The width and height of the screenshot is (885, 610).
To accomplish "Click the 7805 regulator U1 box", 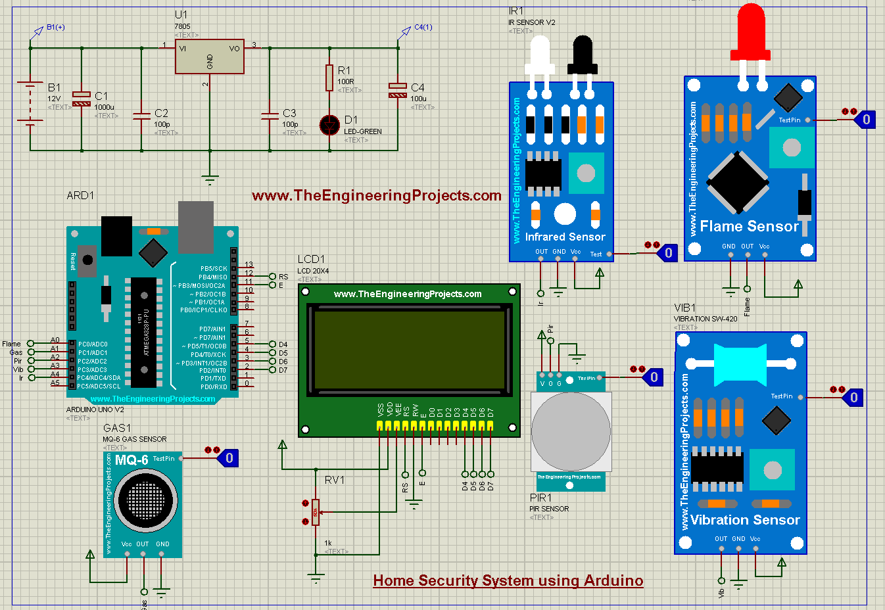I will click(x=209, y=57).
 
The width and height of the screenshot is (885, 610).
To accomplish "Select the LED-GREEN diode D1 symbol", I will click(x=329, y=125).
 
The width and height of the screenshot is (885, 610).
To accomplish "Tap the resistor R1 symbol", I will click(x=329, y=78).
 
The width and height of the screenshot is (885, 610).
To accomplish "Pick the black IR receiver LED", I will click(x=583, y=53).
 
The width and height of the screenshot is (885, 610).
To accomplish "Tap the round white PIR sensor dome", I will click(x=570, y=431).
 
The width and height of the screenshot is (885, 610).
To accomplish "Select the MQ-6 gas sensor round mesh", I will click(x=145, y=500).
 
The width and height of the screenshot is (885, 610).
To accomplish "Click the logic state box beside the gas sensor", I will click(x=228, y=458).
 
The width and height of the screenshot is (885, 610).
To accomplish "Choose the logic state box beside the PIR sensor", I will click(x=653, y=377).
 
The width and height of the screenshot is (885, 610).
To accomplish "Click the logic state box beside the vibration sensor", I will click(x=853, y=397).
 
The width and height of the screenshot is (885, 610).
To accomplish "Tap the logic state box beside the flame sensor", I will click(x=865, y=120).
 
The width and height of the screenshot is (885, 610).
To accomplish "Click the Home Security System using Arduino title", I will click(x=508, y=580).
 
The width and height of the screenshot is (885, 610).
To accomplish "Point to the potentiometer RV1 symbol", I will click(x=316, y=512).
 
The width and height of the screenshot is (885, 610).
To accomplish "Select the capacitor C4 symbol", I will click(x=398, y=91).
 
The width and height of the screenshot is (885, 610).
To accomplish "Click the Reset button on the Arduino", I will click(x=87, y=258).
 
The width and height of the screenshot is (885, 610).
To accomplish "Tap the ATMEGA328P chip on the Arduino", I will click(x=144, y=332).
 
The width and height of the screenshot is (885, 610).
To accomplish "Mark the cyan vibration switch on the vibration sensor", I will click(x=739, y=364).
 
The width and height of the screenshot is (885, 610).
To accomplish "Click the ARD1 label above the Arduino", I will click(x=80, y=195).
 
